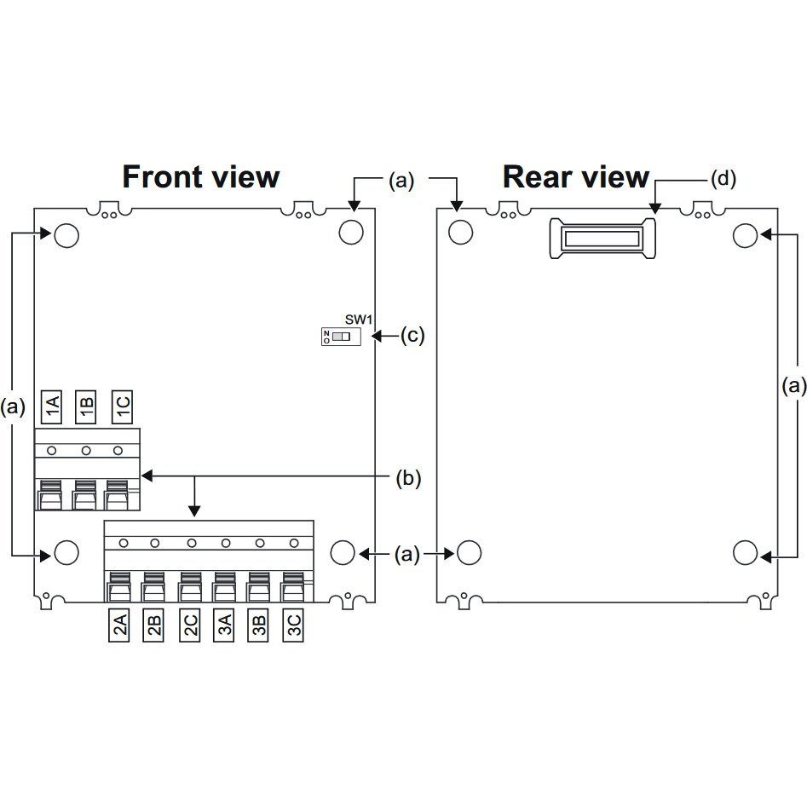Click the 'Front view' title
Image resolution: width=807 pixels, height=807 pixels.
coord(201,177)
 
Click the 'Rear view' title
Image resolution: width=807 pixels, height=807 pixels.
coord(576,177)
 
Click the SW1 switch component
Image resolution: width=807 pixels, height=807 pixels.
coord(340,337)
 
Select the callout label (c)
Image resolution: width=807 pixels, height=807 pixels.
coord(412,336)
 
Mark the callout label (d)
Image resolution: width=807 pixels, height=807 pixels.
coord(723,179)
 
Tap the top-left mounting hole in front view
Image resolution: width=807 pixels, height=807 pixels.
coord(66,234)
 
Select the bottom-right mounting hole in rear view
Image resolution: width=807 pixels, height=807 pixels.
coord(745,552)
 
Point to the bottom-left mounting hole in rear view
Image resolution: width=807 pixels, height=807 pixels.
coord(469,552)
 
